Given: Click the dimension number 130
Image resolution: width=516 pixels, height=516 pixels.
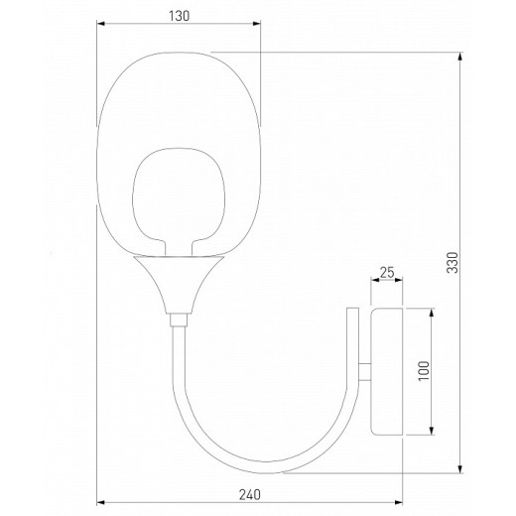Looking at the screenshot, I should (178, 16).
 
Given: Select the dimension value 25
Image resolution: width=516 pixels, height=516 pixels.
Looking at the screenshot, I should (388, 272).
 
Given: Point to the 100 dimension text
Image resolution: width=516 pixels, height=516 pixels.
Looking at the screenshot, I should (423, 373).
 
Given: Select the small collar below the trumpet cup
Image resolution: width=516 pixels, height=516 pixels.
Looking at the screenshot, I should (177, 321).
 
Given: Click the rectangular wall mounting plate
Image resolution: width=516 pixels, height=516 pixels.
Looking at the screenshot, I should (387, 372).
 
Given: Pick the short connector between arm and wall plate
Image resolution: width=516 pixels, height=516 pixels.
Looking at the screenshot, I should (365, 372).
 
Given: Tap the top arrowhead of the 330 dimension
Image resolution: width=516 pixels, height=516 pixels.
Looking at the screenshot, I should (461, 56).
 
